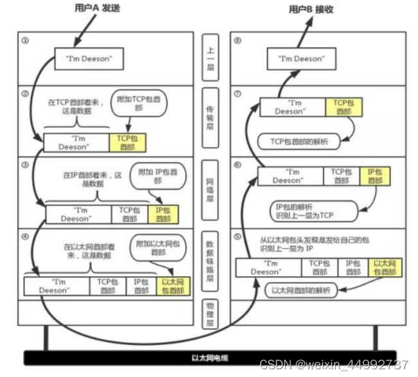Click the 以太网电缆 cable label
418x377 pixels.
(209, 358)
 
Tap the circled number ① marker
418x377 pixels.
(26, 40)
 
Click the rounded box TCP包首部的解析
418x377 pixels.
(298, 141)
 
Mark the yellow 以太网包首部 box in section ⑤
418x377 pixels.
(385, 267)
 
